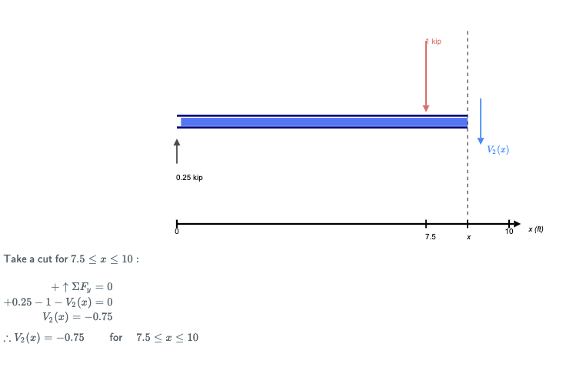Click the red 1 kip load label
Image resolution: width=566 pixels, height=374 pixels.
pyautogui.click(x=434, y=42)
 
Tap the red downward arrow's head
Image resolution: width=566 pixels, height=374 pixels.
pyautogui.click(x=426, y=109)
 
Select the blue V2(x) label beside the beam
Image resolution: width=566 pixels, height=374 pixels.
pyautogui.click(x=498, y=149)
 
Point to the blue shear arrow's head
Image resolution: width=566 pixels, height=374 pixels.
pyautogui.click(x=481, y=141)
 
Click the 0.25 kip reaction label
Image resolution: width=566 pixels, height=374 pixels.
pyautogui.click(x=189, y=178)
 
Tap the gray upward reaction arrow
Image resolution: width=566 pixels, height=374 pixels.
pyautogui.click(x=177, y=152)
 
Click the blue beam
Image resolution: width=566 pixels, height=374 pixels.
pyautogui.click(x=322, y=122)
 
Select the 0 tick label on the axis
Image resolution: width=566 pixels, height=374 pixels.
pyautogui.click(x=177, y=232)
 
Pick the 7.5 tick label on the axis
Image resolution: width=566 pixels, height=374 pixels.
pyautogui.click(x=431, y=237)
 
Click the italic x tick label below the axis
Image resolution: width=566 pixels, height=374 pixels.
pyautogui.click(x=468, y=238)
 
